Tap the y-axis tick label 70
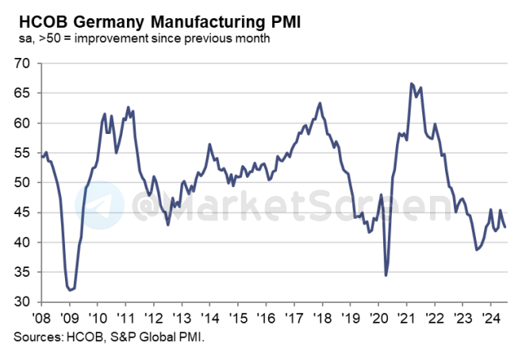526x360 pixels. pyautogui.click(x=23, y=63)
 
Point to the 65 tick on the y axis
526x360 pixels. pyautogui.click(x=23, y=94)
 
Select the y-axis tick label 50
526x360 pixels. pyautogui.click(x=23, y=183)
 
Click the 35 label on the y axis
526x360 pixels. pyautogui.click(x=23, y=273)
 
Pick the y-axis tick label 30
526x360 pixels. pyautogui.click(x=23, y=302)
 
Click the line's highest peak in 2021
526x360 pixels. pyautogui.click(x=411, y=83)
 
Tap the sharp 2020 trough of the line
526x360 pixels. pyautogui.click(x=386, y=275)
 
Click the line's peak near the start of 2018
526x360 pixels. pyautogui.click(x=320, y=103)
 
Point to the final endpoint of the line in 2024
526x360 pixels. pyautogui.click(x=506, y=228)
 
